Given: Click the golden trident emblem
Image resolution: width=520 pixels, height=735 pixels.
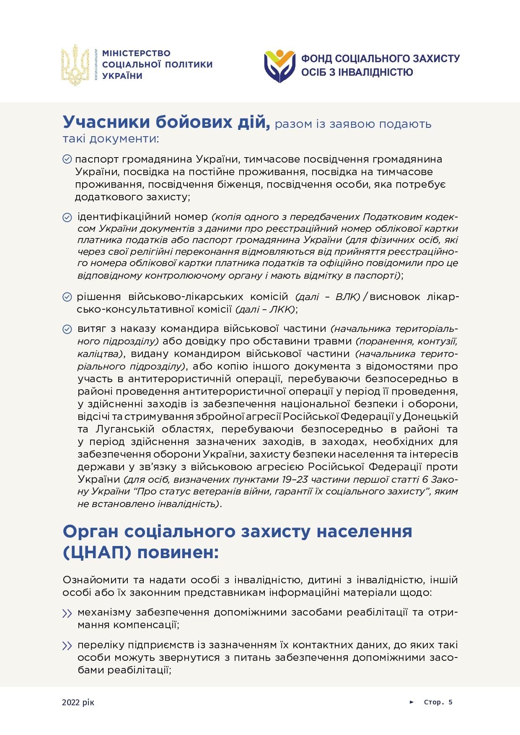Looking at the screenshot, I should click(75, 65).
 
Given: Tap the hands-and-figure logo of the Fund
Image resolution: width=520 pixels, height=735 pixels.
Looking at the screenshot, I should click(279, 66).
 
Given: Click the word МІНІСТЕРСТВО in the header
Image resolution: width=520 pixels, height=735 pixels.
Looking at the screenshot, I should click(136, 53).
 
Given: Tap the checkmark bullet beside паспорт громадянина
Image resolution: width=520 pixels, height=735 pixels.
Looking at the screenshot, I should click(67, 159).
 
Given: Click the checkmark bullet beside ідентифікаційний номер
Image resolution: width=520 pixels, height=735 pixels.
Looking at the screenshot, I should click(67, 217).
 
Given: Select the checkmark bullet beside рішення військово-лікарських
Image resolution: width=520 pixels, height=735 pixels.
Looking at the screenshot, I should click(67, 297).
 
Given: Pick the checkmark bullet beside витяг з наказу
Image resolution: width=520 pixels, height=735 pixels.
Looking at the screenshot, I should click(67, 329).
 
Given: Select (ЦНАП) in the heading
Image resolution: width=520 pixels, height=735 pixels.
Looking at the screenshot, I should click(97, 552).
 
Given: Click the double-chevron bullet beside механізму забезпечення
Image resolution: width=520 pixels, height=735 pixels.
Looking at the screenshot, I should click(67, 613).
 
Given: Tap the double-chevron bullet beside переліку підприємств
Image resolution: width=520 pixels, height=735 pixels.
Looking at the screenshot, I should click(67, 646).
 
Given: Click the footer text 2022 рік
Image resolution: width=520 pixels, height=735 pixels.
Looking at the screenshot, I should click(78, 702).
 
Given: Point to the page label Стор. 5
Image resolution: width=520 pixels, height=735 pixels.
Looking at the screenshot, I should click(438, 702).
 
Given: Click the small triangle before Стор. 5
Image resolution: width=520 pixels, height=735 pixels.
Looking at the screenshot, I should click(411, 702).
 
